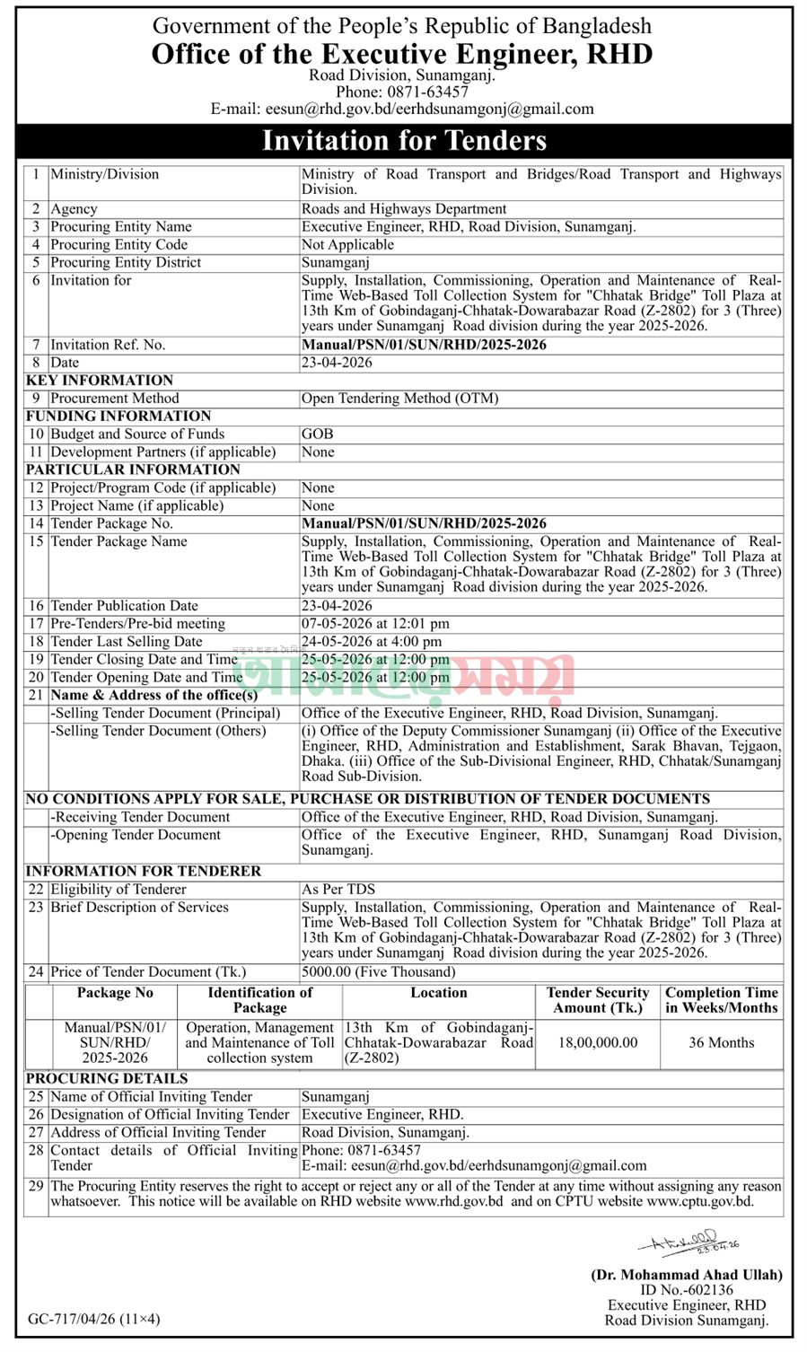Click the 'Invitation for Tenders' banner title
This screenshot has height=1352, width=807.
click(403, 141)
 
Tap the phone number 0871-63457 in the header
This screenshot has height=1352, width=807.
click(402, 92)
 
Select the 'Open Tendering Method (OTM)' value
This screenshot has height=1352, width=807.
click(399, 399)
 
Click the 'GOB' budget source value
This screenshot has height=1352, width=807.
click(318, 435)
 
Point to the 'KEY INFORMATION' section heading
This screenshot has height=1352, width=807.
click(99, 381)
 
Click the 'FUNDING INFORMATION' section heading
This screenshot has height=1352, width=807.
click(118, 417)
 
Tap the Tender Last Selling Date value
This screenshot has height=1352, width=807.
click(372, 642)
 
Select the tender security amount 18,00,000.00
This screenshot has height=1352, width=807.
click(598, 1043)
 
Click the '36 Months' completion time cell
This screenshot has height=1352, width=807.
click(721, 1043)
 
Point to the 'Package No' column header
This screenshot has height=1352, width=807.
click(115, 993)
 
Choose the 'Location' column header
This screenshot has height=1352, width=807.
click(438, 993)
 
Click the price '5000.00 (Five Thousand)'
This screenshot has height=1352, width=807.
click(378, 972)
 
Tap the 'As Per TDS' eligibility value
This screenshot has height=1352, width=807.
click(338, 890)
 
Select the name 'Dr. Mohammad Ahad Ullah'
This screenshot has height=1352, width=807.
click(686, 1275)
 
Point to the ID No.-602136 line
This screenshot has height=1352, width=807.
click(687, 1290)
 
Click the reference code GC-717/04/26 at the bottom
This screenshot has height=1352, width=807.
click(93, 1320)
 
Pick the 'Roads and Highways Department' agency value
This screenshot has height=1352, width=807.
click(404, 209)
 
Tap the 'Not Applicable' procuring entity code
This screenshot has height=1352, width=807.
click(347, 245)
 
